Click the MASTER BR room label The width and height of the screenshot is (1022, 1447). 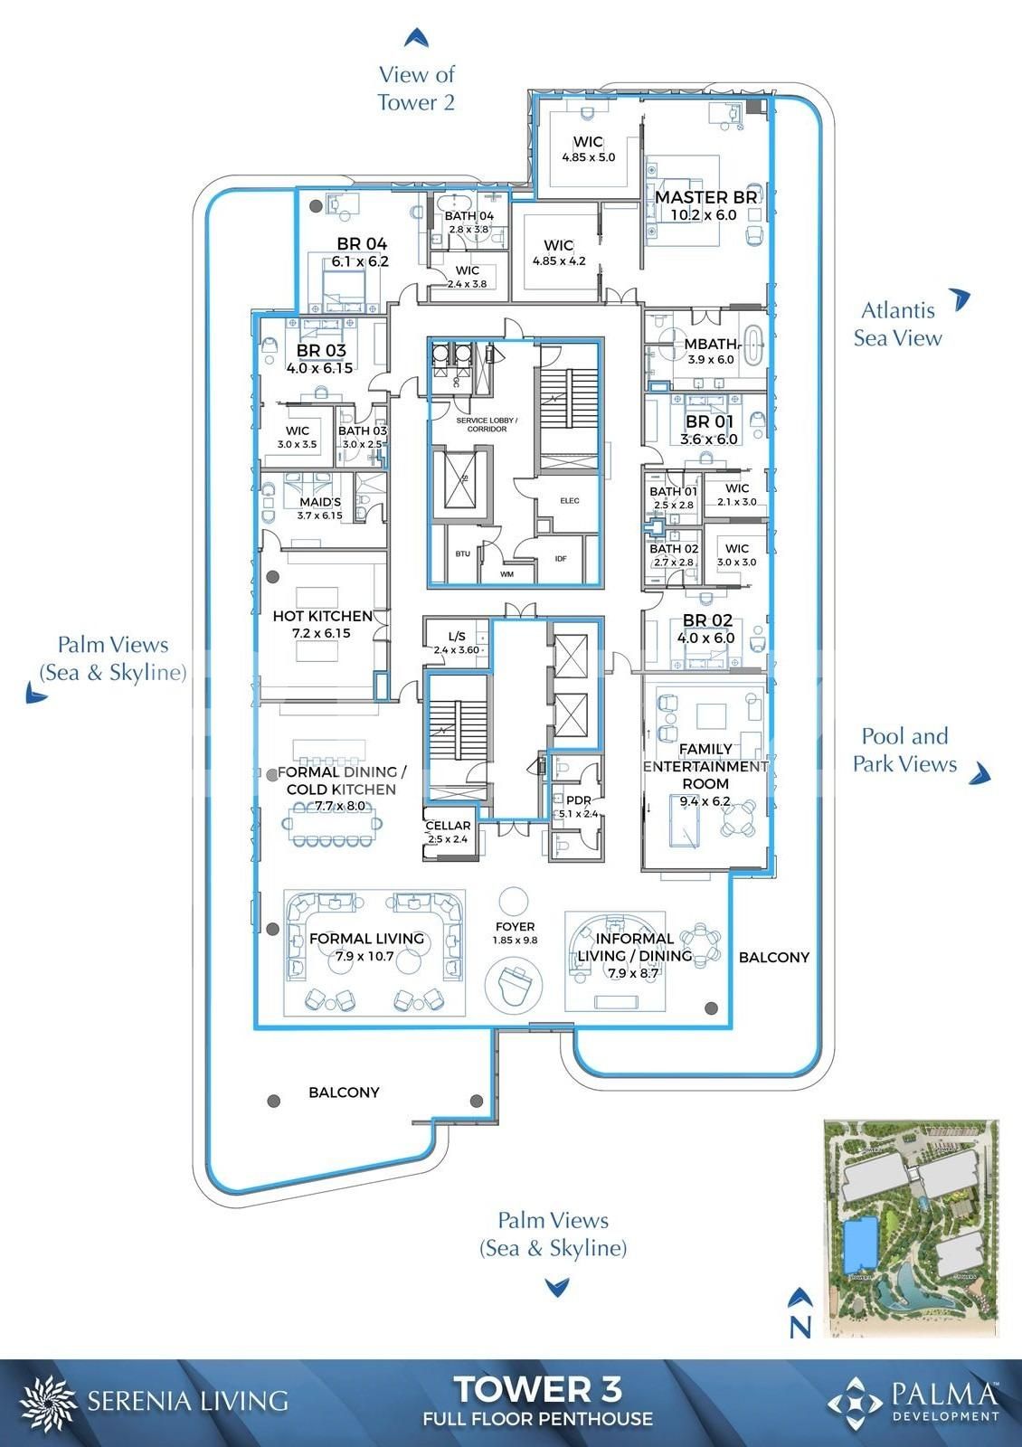pyautogui.click(x=705, y=197)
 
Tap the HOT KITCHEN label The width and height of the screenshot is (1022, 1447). pyautogui.click(x=323, y=616)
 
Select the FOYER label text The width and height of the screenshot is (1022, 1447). pyautogui.click(x=515, y=926)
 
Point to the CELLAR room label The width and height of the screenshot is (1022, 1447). pyautogui.click(x=448, y=825)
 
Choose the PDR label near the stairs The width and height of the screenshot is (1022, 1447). pyautogui.click(x=578, y=800)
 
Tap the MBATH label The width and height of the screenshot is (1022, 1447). pyautogui.click(x=710, y=345)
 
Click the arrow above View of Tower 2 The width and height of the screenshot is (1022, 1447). pyautogui.click(x=416, y=37)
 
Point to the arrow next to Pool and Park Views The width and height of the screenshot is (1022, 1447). pyautogui.click(x=980, y=775)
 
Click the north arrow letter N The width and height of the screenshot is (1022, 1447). pyautogui.click(x=800, y=1327)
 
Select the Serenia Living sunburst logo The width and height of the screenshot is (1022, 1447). pyautogui.click(x=48, y=1402)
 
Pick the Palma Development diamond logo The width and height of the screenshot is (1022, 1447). pyautogui.click(x=855, y=1402)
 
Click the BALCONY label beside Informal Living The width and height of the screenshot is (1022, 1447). pyautogui.click(x=773, y=957)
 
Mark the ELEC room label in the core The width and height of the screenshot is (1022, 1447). pyautogui.click(x=570, y=500)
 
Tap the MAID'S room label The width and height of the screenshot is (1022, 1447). pyautogui.click(x=320, y=502)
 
